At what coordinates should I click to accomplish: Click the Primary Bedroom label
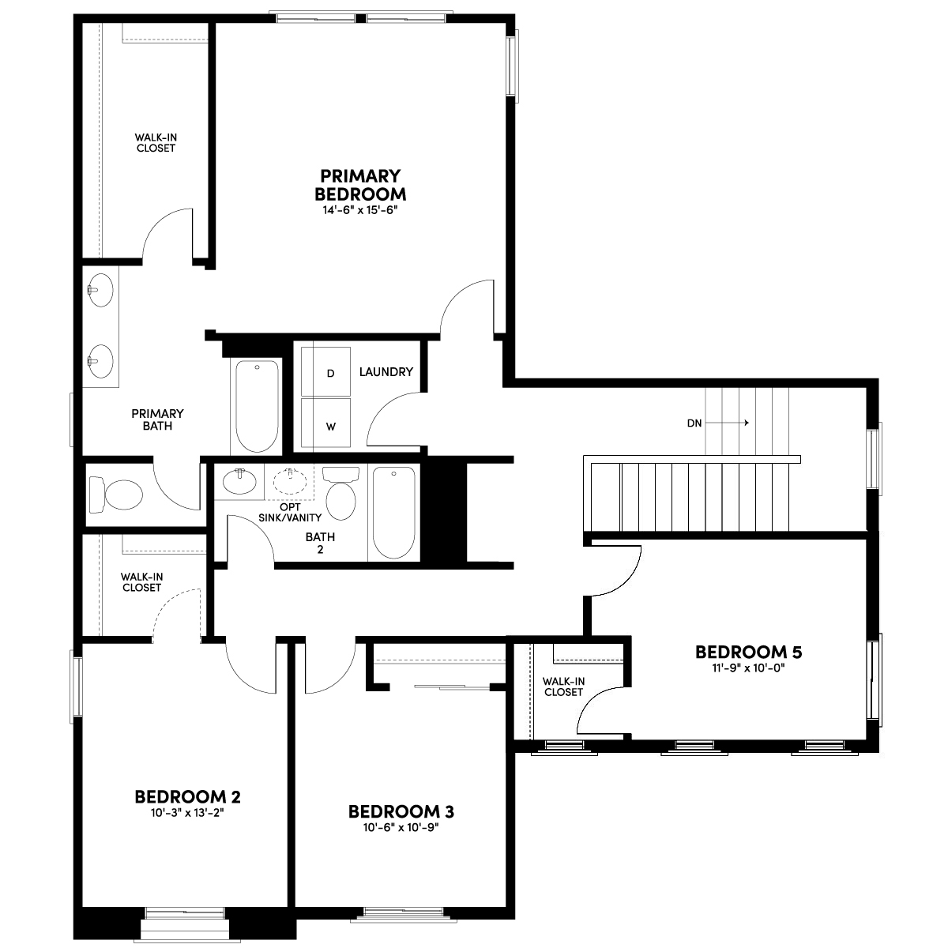click(360, 185)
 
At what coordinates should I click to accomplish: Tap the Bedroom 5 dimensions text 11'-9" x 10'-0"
click(748, 668)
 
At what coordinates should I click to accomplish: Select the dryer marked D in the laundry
click(325, 371)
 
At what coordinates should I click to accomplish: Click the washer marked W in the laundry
click(325, 423)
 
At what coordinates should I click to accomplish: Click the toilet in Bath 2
click(340, 492)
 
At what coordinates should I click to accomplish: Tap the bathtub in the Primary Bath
click(256, 406)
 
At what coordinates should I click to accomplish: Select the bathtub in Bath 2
click(393, 513)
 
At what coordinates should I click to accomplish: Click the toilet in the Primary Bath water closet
click(115, 494)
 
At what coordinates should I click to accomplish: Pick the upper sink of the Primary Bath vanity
click(100, 290)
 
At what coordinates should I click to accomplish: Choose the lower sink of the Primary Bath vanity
click(100, 362)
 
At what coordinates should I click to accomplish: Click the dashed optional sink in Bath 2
click(290, 480)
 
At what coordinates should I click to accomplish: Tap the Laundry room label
click(386, 372)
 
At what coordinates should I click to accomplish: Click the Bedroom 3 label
click(401, 812)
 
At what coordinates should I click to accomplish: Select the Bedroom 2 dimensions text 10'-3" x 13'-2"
click(187, 813)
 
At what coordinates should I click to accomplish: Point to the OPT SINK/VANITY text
click(290, 512)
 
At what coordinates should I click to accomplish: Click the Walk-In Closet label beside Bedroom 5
click(563, 687)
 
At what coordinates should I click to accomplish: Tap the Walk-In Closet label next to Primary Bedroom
click(156, 143)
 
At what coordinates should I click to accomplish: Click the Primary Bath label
click(157, 419)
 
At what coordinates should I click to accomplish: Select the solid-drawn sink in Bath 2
click(239, 480)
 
